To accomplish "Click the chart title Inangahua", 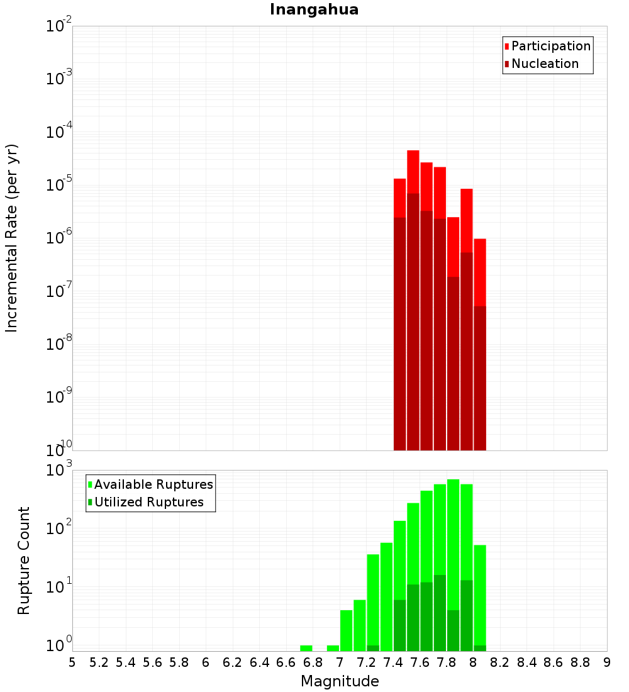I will [x=314, y=9].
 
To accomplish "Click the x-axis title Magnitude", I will [x=340, y=681].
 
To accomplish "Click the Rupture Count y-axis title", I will [x=24, y=561].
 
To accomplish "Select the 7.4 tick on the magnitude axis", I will [x=393, y=662].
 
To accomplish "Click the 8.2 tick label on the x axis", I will [x=500, y=662].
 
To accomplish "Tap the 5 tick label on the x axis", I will [x=72, y=662].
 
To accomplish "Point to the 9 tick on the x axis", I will [x=607, y=662].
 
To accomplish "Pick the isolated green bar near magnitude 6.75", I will [x=306, y=648].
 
